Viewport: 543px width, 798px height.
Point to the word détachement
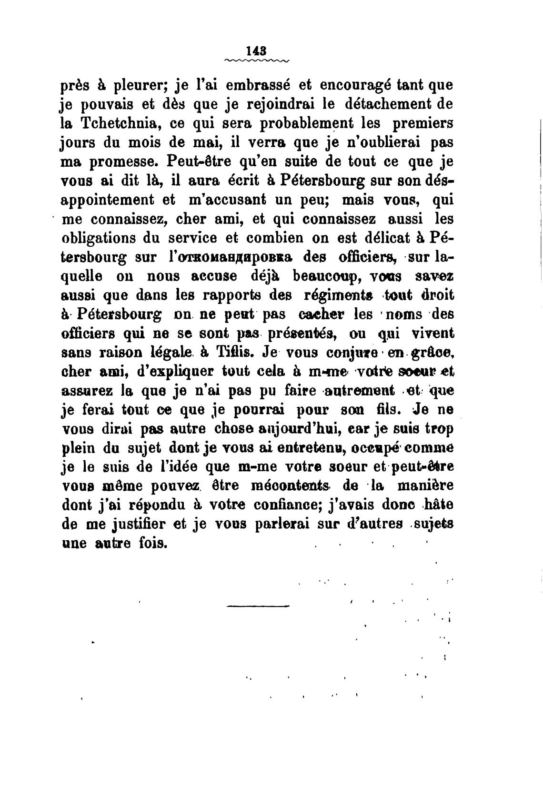(380, 104)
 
